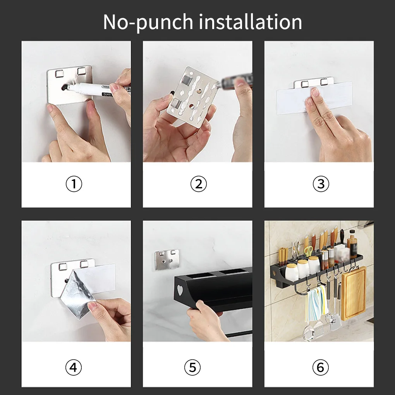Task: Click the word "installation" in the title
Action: click(250, 22)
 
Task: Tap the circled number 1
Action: click(74, 184)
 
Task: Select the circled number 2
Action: click(199, 184)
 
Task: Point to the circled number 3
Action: click(321, 184)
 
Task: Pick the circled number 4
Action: click(74, 367)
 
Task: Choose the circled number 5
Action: click(192, 367)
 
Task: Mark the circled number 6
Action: click(320, 367)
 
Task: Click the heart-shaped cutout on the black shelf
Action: click(180, 290)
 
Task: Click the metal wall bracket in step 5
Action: click(167, 260)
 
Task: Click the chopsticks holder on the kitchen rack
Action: click(283, 258)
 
